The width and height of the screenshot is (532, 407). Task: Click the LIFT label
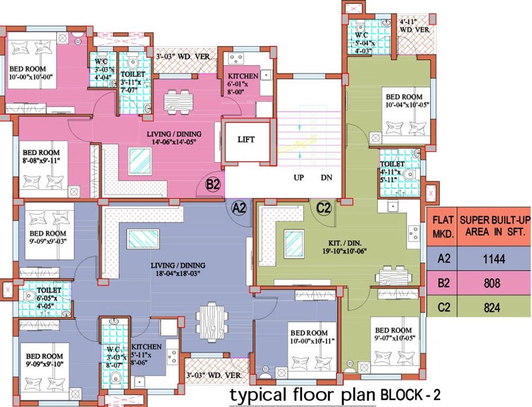[x=246, y=139]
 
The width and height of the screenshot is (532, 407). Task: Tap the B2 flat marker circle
[x=213, y=185]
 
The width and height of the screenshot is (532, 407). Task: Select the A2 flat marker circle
[x=240, y=207]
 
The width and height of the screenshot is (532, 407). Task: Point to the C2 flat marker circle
[x=323, y=207]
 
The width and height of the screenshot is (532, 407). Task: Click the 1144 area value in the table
[x=494, y=259]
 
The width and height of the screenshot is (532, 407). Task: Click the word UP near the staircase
[x=299, y=178]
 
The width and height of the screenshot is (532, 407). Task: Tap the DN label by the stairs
[x=327, y=178]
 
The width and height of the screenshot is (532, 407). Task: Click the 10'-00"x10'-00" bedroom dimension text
[x=31, y=77]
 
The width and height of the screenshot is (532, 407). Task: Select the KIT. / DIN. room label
[x=345, y=243]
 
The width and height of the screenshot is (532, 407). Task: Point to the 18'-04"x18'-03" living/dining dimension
[x=178, y=273]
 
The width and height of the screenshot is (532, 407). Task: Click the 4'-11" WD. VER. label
[x=414, y=26]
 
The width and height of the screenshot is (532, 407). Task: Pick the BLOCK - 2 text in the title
[x=411, y=395]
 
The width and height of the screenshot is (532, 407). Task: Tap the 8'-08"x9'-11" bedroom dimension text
[x=41, y=161]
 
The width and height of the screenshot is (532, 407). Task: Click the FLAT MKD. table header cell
[x=442, y=227]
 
